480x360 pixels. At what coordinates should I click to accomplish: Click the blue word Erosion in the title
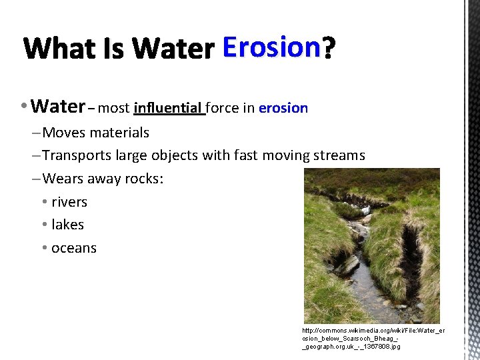271,48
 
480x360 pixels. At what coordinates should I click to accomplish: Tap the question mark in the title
329,48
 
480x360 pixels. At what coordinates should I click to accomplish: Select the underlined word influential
169,108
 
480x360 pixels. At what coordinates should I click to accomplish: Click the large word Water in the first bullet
57,107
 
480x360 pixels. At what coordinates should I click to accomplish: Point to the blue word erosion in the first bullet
283,108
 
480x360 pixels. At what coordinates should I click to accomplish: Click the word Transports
77,155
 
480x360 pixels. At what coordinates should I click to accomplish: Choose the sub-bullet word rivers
69,202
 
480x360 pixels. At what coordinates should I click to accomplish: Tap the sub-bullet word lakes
67,225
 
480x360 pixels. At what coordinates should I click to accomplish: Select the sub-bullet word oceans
74,248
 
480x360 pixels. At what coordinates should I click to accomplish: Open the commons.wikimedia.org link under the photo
373,338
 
